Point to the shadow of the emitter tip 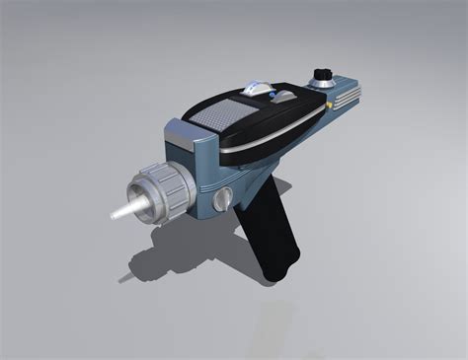[x=126, y=277]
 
